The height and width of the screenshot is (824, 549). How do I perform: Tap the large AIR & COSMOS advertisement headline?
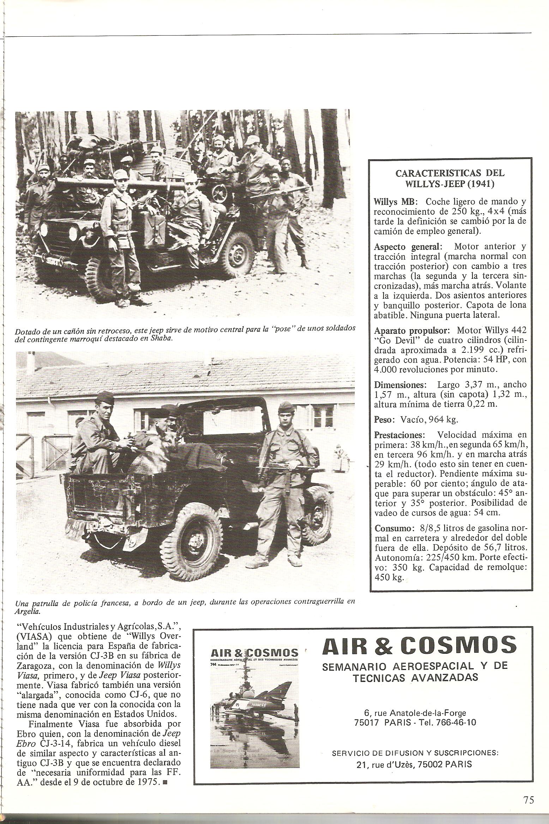pos(419,645)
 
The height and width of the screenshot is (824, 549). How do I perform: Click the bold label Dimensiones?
pos(400,384)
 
